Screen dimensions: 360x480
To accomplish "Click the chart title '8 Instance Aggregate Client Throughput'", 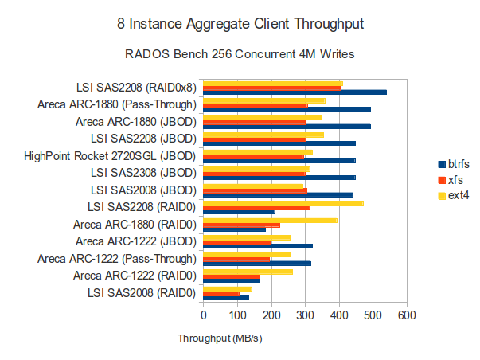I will coord(240,24).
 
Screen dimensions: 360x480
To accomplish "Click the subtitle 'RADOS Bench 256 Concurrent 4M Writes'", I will coord(240,55).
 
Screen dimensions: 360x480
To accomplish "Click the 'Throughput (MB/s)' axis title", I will coord(220,338).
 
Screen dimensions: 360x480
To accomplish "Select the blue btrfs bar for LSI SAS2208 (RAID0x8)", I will coord(295,92).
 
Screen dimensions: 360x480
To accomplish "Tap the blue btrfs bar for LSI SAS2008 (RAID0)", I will coord(226,298).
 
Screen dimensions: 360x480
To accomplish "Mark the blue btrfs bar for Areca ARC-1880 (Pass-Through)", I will coord(287,109).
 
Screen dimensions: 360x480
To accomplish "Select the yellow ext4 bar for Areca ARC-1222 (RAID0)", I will coord(248,272).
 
